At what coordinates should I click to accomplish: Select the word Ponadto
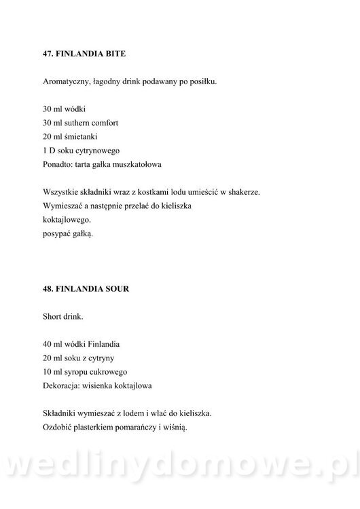(x=58, y=164)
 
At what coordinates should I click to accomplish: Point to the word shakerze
(x=240, y=193)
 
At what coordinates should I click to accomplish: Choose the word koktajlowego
(x=66, y=221)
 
